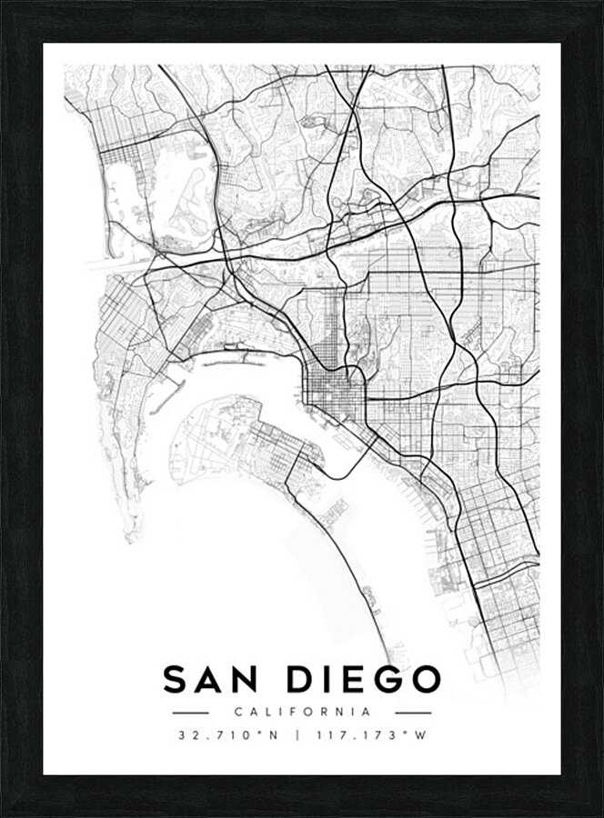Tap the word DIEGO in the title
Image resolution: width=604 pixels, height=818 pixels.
click(x=365, y=680)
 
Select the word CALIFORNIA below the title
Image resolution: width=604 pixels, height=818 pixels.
click(x=302, y=713)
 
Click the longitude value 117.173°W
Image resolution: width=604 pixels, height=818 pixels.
click(x=369, y=735)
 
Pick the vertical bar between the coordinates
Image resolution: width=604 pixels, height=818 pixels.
click(x=297, y=735)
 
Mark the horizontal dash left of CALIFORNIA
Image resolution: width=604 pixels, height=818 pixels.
click(x=190, y=713)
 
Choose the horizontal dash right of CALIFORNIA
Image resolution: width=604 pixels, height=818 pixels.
click(x=413, y=713)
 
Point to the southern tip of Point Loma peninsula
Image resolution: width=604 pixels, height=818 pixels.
click(x=133, y=536)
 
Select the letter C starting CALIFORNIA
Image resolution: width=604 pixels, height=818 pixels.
click(x=237, y=713)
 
